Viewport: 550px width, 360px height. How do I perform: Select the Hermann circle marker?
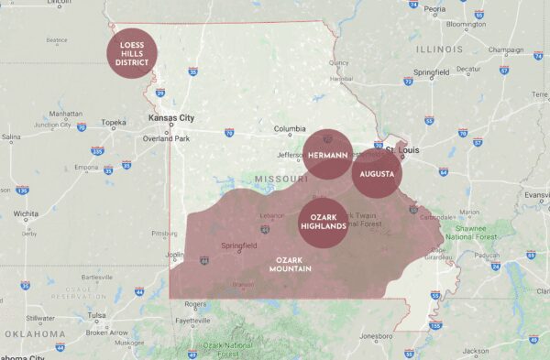327,155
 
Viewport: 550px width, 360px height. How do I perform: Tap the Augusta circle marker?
378,173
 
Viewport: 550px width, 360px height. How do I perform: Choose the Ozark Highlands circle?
324,221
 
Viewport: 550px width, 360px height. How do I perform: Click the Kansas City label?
172,119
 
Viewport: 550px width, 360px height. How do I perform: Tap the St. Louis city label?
404,148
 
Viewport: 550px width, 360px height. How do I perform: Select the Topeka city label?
114,122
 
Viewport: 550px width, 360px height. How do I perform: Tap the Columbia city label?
289,128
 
